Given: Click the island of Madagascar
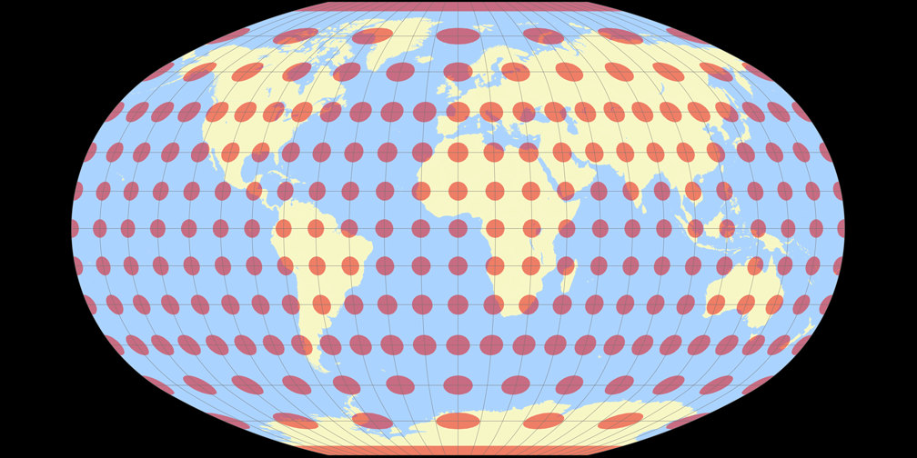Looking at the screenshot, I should click(568, 273).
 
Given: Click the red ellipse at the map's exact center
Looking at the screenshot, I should click(458, 228).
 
